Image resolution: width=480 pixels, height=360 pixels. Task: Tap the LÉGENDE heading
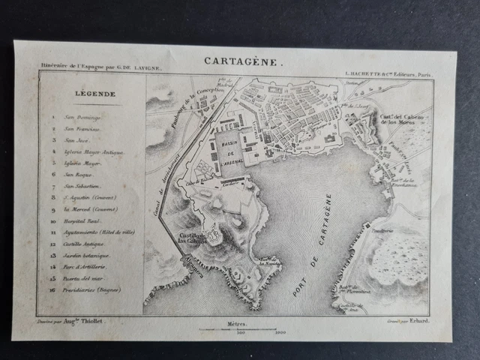(x=95, y=94)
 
